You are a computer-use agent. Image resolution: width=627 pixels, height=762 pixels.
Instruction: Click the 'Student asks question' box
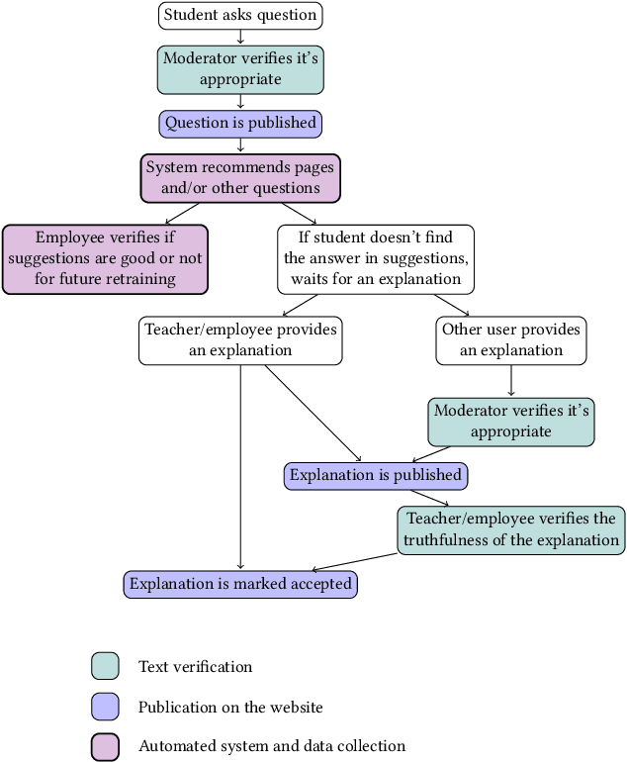pos(240,15)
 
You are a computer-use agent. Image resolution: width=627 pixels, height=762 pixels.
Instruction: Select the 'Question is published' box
pos(240,124)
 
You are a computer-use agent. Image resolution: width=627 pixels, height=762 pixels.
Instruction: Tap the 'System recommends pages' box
pos(240,178)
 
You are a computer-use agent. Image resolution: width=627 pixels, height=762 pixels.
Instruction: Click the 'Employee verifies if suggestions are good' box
pos(105,259)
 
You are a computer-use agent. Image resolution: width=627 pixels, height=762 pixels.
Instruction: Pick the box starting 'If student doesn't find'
pos(374,259)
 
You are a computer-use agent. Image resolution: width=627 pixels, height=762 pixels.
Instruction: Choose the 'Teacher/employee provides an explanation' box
pos(240,339)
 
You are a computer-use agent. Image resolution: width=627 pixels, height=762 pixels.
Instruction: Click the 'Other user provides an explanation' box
pos(511,339)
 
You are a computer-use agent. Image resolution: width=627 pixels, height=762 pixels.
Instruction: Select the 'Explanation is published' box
pos(376,475)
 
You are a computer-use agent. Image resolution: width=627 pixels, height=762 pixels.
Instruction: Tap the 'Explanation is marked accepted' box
pos(240,584)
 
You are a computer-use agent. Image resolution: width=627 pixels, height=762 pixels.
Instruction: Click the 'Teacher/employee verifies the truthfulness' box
pos(511,529)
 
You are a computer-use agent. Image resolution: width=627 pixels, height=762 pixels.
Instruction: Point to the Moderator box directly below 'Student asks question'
pos(240,69)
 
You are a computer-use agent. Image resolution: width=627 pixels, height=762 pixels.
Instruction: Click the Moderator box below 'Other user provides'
pos(511,421)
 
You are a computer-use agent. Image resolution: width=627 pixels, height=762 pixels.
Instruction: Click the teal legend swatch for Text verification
pos(105,666)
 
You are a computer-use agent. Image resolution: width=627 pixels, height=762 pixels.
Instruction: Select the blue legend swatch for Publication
pos(105,707)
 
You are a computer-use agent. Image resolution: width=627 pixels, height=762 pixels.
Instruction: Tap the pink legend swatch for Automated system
pos(105,746)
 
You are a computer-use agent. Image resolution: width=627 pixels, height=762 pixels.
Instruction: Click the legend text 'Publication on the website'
pos(230,707)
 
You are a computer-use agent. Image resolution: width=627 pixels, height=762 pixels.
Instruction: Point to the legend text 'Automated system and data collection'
pos(272,746)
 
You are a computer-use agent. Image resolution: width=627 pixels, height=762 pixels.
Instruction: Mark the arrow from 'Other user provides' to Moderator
pos(511,381)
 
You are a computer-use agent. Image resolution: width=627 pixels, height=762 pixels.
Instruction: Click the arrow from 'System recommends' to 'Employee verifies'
pos(183,214)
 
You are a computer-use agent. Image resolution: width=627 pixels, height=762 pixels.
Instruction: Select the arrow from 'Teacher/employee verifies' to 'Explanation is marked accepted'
pos(356,562)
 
